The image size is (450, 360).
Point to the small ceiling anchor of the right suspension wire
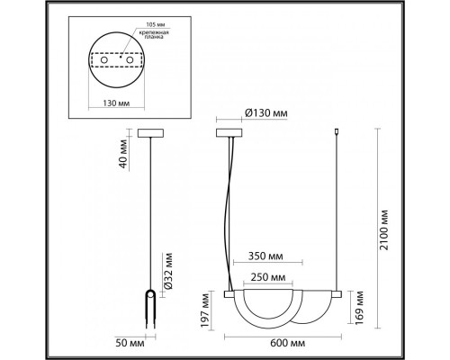337,132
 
